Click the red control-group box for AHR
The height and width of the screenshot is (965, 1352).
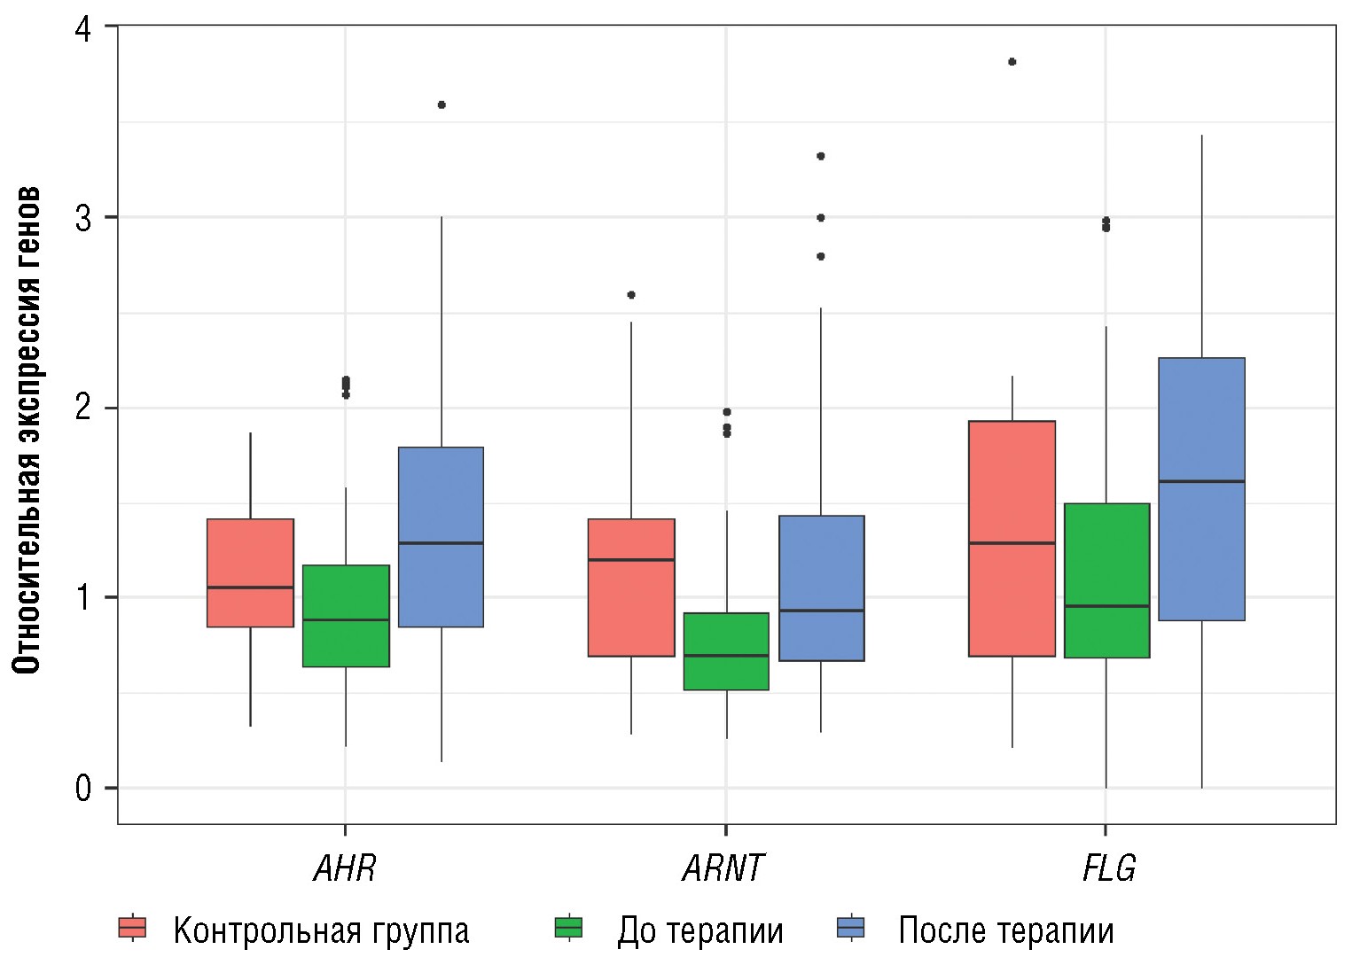coord(250,572)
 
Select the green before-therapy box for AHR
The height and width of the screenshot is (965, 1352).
coord(346,616)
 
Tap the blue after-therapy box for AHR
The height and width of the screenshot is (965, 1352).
coord(441,537)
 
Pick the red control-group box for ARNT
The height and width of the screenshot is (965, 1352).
coord(631,588)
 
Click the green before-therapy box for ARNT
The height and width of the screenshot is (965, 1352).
coord(727,651)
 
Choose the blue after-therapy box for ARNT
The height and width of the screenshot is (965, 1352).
coord(821,588)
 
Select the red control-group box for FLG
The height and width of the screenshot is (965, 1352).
coord(1012,539)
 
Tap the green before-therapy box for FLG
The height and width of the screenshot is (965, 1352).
coord(1106,580)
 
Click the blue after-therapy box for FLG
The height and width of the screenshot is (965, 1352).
coord(1201,489)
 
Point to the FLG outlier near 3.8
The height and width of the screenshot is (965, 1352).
coord(1012,62)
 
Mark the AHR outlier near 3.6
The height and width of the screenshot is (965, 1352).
coord(442,105)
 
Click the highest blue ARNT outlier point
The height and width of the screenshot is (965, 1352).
coord(821,156)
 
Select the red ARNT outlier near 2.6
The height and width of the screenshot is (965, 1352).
coord(631,295)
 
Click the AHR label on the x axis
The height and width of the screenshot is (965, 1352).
coord(345,868)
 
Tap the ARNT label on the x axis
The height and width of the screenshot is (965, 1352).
coord(723,868)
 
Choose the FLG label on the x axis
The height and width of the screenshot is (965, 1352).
coord(1108,868)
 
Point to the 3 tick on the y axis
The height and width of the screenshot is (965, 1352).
coord(83,218)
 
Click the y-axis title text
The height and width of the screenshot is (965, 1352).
coord(28,430)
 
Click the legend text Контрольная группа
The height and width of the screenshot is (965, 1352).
coord(321,931)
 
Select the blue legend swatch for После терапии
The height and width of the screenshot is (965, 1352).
coord(851,928)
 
